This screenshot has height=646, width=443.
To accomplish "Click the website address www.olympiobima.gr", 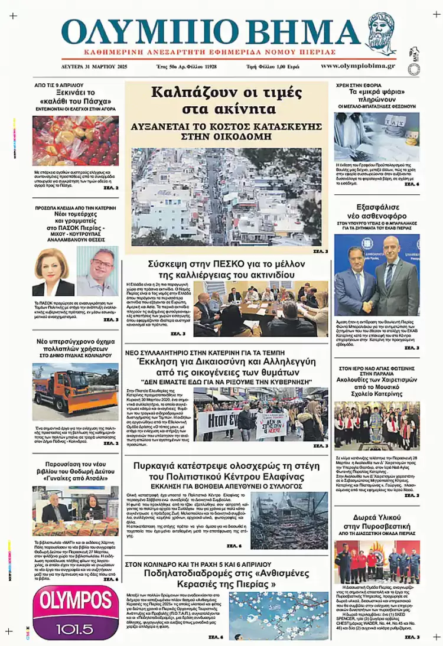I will point(357,66).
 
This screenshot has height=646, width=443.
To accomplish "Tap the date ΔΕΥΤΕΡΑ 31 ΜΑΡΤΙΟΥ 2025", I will point(94,66).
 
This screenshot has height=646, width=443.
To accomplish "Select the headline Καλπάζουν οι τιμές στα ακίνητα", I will point(226,100).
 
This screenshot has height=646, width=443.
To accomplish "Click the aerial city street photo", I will point(226,197).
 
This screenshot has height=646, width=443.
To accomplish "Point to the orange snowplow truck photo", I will point(75,387).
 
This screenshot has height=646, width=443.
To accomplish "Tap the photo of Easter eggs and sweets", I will point(75,141).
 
